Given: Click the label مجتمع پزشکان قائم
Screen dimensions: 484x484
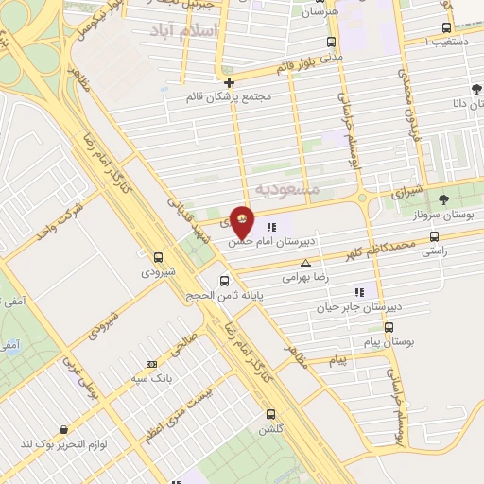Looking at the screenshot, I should tap(230, 97).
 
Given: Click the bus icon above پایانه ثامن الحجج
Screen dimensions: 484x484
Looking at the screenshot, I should tap(224, 281).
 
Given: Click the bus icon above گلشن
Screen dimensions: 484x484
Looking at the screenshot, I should tap(271, 414).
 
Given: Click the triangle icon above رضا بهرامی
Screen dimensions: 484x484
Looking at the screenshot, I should tap(304, 264).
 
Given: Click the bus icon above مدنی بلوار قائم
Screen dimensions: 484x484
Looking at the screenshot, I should tap(331, 42).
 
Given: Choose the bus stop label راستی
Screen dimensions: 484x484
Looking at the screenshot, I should tap(435, 252).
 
